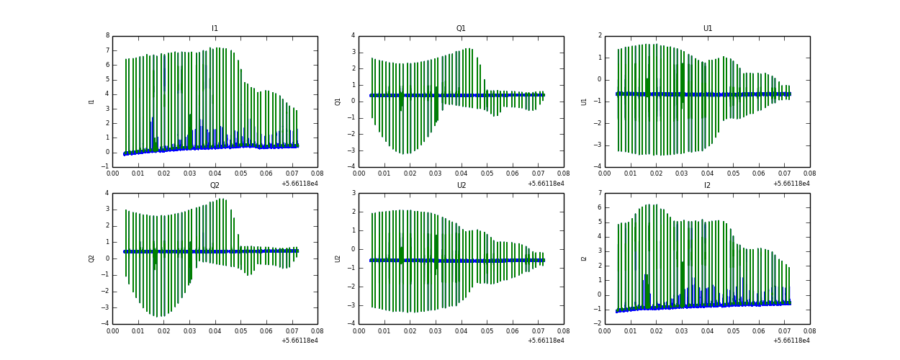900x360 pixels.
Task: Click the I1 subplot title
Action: tap(215, 29)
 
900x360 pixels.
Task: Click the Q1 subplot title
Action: tap(461, 29)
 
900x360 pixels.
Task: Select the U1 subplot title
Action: tap(707, 29)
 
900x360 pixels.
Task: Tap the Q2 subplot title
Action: tap(215, 185)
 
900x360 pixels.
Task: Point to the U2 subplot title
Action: tap(461, 185)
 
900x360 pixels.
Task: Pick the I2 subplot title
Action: tap(707, 185)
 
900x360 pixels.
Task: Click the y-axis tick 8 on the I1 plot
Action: tap(107, 35)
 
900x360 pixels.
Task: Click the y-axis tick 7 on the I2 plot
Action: tap(599, 193)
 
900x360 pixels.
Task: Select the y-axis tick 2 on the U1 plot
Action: tap(599, 35)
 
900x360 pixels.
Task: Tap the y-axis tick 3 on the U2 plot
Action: tap(353, 193)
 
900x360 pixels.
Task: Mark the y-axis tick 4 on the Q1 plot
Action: tap(353, 35)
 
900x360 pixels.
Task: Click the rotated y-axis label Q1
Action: tap(338, 102)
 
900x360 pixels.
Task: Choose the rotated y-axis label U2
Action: tap(338, 258)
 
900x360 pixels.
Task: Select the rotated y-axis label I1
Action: tap(91, 102)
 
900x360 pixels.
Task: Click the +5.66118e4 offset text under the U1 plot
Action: tap(791, 184)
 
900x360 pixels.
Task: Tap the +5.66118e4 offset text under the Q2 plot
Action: tap(299, 341)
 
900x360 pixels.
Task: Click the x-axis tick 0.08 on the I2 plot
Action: tap(809, 332)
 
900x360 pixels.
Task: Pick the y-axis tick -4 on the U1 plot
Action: tap(598, 167)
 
